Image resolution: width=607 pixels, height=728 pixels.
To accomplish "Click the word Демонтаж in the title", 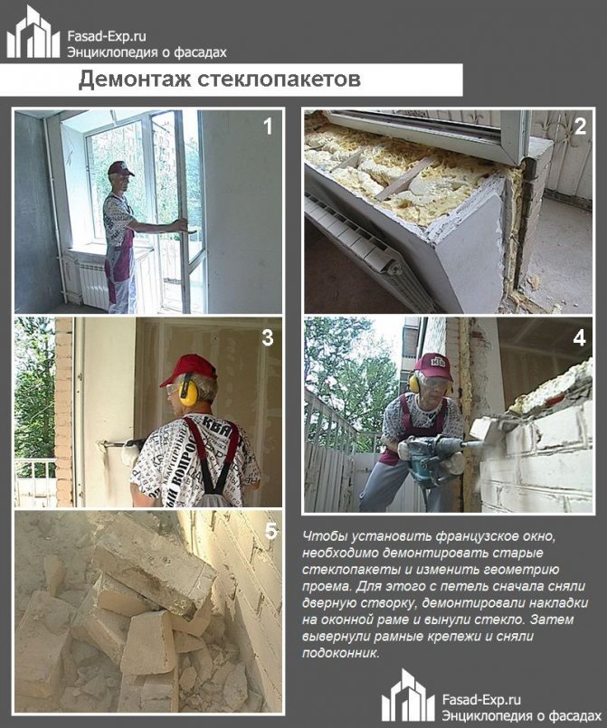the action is click(x=135, y=80).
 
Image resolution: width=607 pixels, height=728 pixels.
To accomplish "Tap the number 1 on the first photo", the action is click(x=268, y=127).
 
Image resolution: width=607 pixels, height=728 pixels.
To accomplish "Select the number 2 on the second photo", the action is click(x=580, y=127).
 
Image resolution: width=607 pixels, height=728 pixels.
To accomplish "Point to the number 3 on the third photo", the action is click(x=268, y=338).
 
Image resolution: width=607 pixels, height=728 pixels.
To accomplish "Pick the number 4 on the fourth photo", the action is click(x=579, y=338).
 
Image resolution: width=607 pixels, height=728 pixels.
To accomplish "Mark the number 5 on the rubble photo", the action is click(x=270, y=531).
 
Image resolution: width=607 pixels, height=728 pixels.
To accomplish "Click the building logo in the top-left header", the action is click(x=33, y=32).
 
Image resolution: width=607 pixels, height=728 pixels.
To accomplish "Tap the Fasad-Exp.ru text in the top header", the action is click(x=107, y=36).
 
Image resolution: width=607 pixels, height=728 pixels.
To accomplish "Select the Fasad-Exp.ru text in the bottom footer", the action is click(x=481, y=700).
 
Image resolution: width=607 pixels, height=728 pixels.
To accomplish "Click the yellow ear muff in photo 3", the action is click(x=187, y=390).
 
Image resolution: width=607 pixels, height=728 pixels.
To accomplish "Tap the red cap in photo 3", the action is click(x=188, y=368).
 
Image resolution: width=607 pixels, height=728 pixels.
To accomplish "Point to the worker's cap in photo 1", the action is click(x=119, y=168).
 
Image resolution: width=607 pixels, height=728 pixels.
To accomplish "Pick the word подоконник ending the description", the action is click(x=340, y=653).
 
